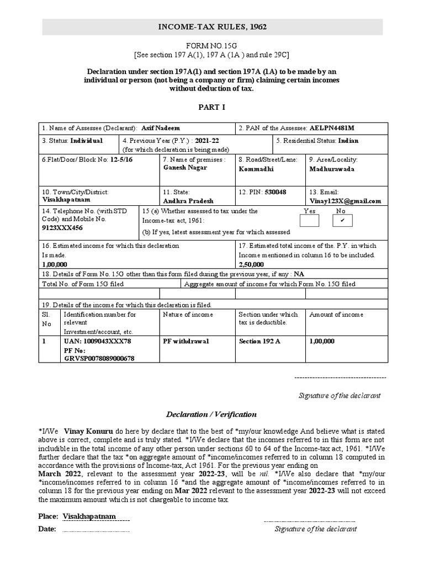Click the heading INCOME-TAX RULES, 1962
(x=212, y=26)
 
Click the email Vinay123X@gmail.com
(x=345, y=201)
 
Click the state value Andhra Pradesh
(x=188, y=201)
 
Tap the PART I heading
(x=212, y=107)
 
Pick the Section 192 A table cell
(x=259, y=341)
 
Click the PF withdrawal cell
(x=185, y=341)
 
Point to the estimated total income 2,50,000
(x=251, y=264)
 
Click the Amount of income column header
(x=336, y=315)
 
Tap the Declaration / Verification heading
(x=212, y=414)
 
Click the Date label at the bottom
(x=47, y=529)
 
